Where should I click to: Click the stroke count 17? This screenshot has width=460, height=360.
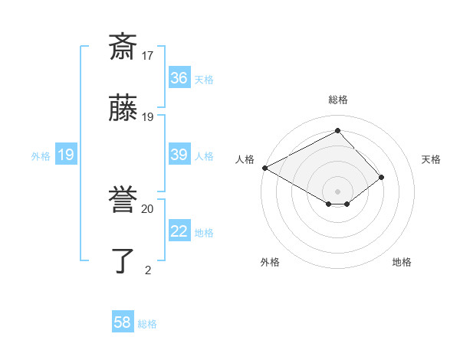148,56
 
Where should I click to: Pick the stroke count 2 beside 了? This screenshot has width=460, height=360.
148,270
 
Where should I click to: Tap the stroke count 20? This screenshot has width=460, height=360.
148,208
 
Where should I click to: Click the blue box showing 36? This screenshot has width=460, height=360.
179,78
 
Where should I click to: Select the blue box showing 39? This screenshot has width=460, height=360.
179,155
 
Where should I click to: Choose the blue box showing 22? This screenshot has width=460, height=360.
179,232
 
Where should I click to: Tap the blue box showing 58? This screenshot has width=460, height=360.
123,323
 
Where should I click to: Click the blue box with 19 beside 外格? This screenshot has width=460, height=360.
66,155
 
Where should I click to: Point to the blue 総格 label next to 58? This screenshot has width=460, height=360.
147,324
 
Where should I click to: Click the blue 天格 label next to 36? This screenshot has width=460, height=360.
204,79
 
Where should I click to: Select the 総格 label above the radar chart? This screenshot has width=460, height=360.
338,100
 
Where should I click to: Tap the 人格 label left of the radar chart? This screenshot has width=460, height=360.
245,159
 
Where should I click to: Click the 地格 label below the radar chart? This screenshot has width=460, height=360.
402,262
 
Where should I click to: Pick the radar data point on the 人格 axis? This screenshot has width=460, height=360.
264,168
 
